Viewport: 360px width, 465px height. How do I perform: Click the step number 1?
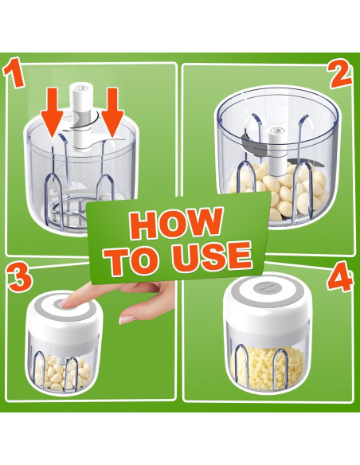(14, 73)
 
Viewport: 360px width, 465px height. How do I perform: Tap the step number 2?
(340, 74)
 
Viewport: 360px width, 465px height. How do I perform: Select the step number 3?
(19, 279)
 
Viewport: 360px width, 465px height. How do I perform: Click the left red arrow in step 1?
(52, 111)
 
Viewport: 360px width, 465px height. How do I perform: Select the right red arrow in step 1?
(112, 112)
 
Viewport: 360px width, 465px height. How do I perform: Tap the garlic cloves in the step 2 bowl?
(278, 190)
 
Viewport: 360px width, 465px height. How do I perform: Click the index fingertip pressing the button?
(65, 303)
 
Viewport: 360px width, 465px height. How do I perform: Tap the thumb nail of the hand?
(127, 319)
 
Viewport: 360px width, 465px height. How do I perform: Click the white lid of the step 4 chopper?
(268, 303)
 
